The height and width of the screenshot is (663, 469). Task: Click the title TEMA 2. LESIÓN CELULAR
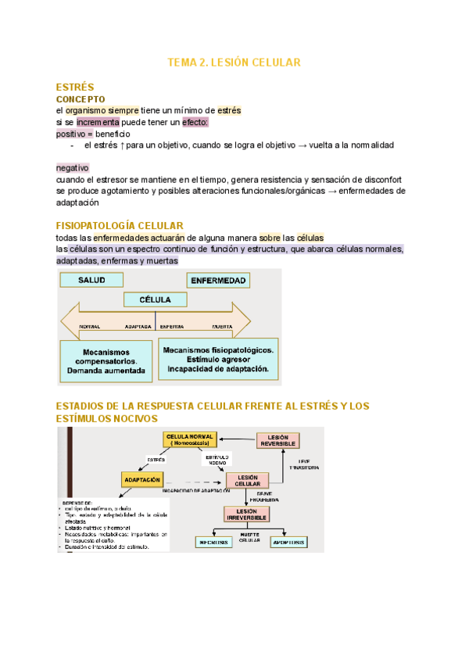tap(234, 62)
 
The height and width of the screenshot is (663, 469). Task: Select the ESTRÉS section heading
tap(75, 88)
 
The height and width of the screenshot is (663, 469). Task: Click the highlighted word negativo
tap(73, 168)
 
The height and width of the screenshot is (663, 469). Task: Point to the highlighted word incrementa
tap(98, 123)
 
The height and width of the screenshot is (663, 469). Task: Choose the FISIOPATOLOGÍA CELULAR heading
tap(120, 226)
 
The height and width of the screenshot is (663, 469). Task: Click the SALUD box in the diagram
tap(91, 280)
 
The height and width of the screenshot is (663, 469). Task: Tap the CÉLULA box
tap(155, 299)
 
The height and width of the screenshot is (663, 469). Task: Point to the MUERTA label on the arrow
tap(223, 325)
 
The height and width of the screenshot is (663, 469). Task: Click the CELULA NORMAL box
tap(191, 439)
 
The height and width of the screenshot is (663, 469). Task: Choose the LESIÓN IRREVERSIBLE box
tap(247, 514)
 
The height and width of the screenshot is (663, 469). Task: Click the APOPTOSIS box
tap(288, 541)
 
